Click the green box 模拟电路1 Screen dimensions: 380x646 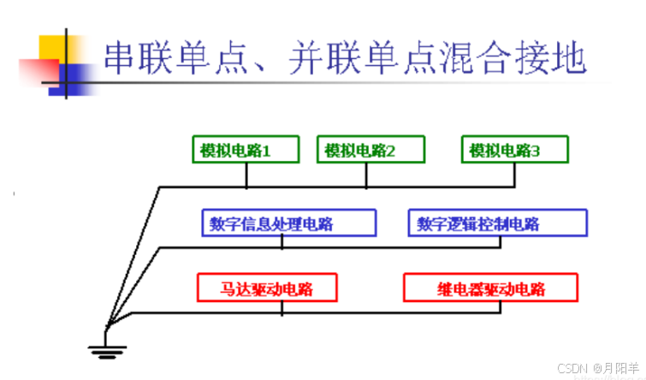pyautogui.click(x=246, y=151)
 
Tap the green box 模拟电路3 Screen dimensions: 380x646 pyautogui.click(x=514, y=151)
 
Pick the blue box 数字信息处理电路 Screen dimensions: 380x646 pyautogui.click(x=288, y=223)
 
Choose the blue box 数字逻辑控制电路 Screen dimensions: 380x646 pyautogui.click(x=497, y=223)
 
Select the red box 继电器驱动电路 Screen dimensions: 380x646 pyautogui.click(x=487, y=288)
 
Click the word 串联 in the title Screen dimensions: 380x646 pyautogui.click(x=136, y=59)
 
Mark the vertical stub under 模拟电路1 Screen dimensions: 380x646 pyautogui.click(x=246, y=175)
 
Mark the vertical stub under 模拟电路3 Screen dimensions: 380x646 pyautogui.click(x=514, y=175)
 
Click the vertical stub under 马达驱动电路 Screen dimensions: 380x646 pyautogui.click(x=282, y=307)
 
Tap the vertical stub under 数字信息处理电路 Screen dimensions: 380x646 pyautogui.click(x=282, y=241)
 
